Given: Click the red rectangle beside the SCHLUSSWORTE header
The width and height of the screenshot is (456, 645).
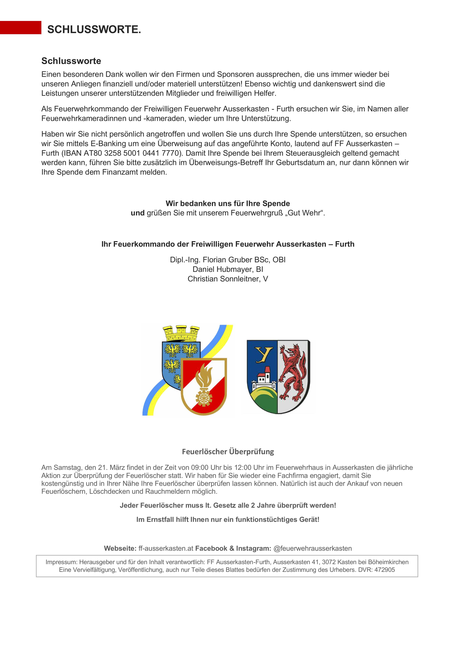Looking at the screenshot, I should (x=21, y=28).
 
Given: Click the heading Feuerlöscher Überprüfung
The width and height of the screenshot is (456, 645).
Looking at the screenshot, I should (x=228, y=452).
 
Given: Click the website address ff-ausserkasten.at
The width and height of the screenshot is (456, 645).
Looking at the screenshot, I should (x=166, y=548).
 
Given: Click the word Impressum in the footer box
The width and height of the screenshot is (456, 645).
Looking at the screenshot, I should (x=61, y=562).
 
